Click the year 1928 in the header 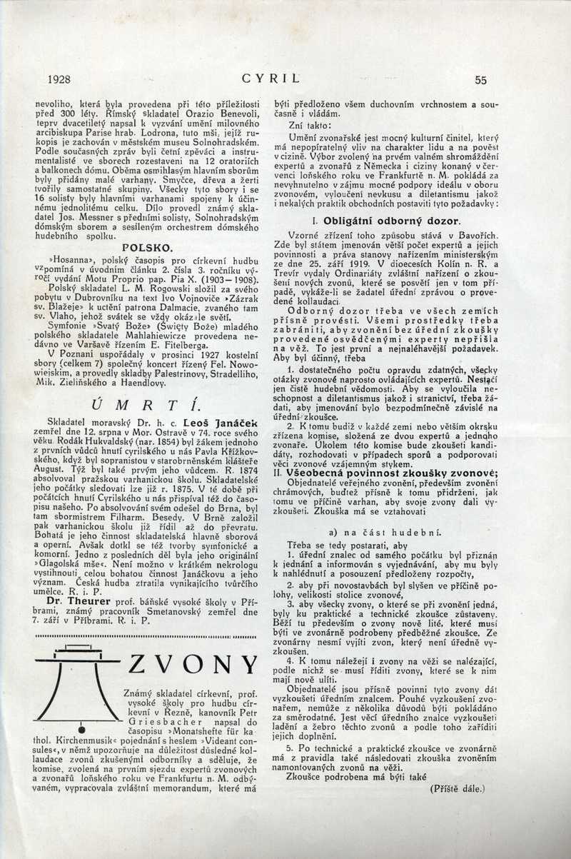click(x=59, y=81)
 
